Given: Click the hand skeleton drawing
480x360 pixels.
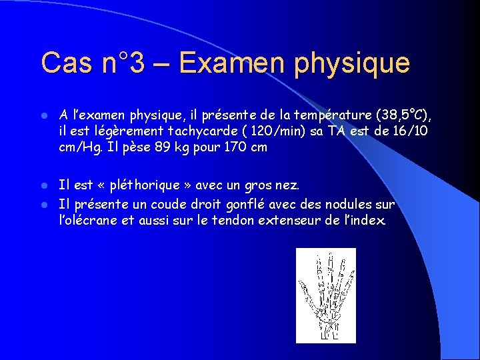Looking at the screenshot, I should (325, 295).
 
